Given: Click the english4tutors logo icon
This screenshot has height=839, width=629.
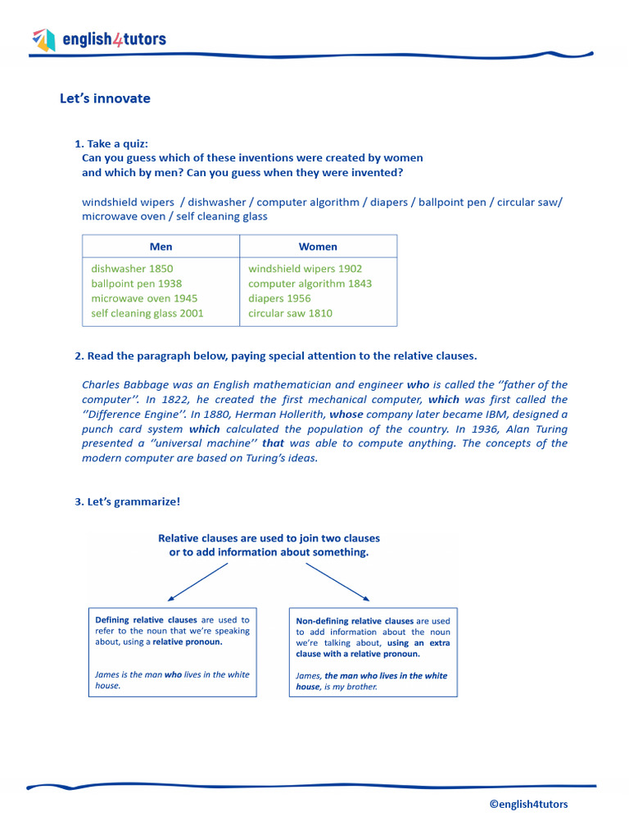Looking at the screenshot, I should [43, 39].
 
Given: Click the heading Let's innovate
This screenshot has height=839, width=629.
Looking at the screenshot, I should [105, 98].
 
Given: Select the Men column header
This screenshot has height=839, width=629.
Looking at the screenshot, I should [161, 247].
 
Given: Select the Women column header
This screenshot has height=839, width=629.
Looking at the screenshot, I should [318, 247].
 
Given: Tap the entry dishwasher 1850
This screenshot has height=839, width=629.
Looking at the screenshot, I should [132, 269].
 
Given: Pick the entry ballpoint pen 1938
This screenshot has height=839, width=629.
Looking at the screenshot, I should [136, 283].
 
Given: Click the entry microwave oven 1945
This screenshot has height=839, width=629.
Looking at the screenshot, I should [144, 298].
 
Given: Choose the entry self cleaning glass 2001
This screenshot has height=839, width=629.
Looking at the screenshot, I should [147, 313].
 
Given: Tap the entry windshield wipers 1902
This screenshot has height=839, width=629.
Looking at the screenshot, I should [305, 269].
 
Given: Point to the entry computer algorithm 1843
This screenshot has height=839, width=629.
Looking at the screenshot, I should [310, 283].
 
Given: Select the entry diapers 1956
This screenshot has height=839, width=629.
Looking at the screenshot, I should [279, 298].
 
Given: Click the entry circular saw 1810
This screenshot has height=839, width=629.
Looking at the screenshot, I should [290, 313].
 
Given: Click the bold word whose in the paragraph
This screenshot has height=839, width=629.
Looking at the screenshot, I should [346, 415].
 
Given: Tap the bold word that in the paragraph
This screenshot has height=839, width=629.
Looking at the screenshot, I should [273, 443].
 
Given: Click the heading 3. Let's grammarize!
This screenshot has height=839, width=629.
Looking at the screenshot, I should [127, 501].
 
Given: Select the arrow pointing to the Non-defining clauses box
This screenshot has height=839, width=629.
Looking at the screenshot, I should [337, 582].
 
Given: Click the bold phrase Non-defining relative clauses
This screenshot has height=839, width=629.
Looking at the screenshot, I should [355, 621].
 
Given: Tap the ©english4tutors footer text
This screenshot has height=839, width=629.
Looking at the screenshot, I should [528, 804].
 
